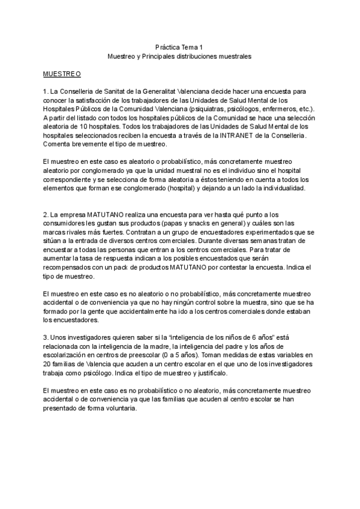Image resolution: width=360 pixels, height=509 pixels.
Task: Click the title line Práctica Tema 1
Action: click(x=179, y=46)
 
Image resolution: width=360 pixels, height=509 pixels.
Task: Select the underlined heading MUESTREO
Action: click(x=62, y=74)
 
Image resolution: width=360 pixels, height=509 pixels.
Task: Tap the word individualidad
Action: click(x=283, y=189)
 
